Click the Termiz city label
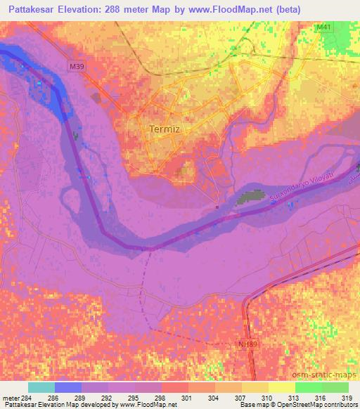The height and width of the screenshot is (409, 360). coord(165,129)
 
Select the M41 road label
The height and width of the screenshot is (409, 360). coord(323,27)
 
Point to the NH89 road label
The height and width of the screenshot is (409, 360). coord(243,344)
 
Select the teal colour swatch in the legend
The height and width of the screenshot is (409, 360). coord(41,387)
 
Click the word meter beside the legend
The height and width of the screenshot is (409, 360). coord(10,398)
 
